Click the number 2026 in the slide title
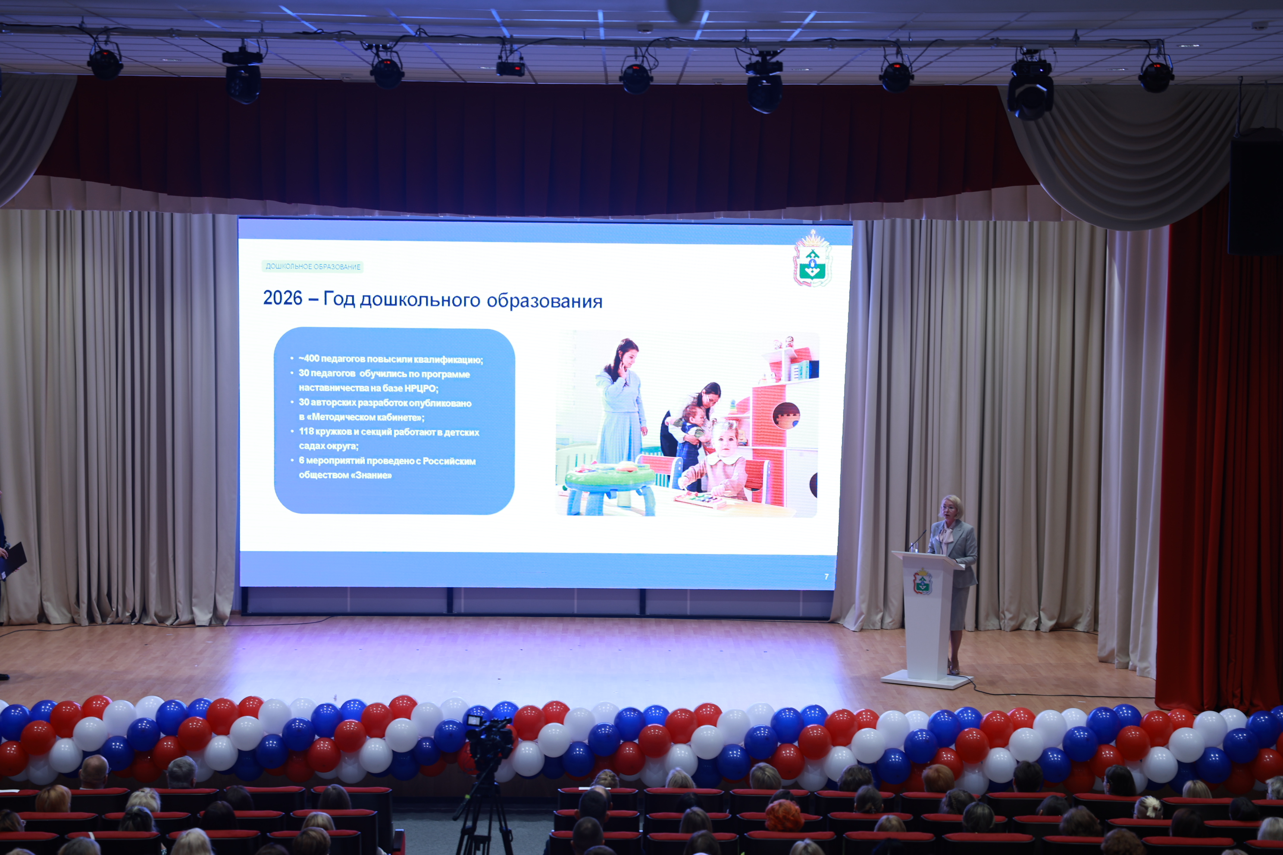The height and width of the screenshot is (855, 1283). coord(282,298)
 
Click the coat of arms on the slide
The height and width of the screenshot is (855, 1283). coord(812,259)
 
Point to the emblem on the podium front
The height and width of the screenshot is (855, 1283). coord(923,581)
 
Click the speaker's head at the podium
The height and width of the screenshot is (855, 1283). coord(951,508)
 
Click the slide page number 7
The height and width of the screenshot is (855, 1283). coord(826,576)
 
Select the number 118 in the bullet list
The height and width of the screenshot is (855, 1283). coord(306,431)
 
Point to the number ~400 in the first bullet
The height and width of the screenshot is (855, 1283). coord(309,358)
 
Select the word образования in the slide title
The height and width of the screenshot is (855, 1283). coord(544,301)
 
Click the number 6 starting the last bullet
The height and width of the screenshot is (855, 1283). coord(301,461)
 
